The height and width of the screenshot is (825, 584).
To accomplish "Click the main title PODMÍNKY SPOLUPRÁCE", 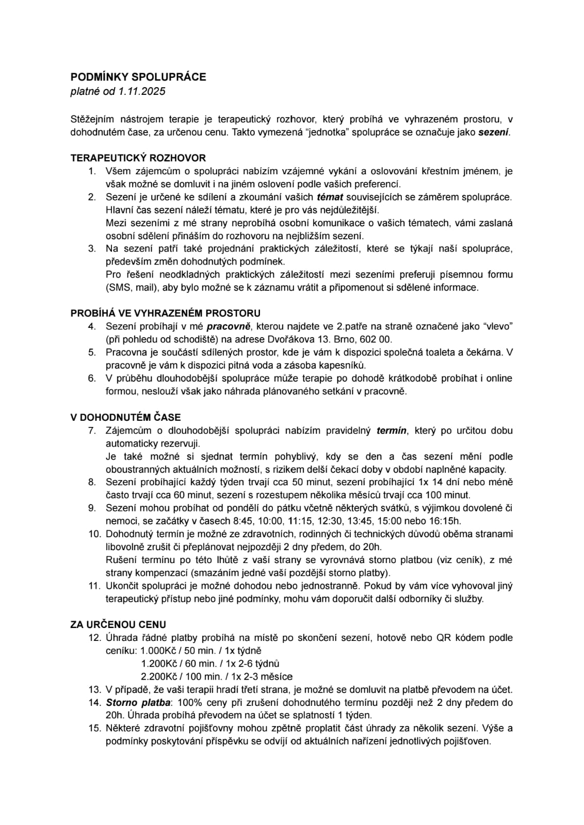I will coord(138,77).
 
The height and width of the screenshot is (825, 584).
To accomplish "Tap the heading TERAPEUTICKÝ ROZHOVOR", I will coord(138,158).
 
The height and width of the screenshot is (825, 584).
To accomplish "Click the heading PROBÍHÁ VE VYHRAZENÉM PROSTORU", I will coord(165,313).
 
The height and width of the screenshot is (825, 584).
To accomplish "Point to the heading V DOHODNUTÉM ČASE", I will coord(125,417).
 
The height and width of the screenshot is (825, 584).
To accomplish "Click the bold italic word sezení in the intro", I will coord(493,132).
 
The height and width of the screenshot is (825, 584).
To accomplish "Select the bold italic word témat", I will coord(330,197).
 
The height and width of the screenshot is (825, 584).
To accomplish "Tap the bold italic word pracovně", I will coord(229,326).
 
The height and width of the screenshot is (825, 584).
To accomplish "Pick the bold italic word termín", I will coord(392,431).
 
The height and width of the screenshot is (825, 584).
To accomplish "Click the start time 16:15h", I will coord(444,521).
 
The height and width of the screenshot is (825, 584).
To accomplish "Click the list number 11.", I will coord(93,586).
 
